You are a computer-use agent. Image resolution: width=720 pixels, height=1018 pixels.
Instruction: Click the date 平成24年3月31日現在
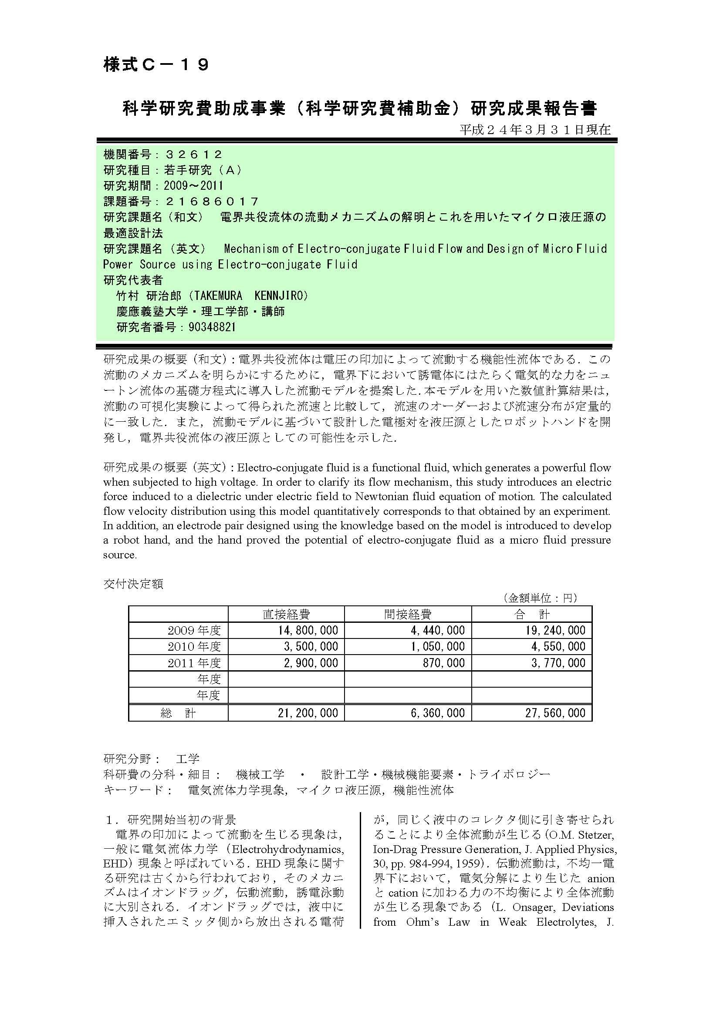pyautogui.click(x=535, y=129)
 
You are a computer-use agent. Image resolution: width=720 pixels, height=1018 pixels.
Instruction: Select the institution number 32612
pyautogui.click(x=193, y=155)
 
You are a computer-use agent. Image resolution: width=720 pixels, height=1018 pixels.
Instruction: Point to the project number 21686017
pyautogui.click(x=212, y=202)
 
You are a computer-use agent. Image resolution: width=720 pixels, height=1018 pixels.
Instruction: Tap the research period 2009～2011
pyautogui.click(x=193, y=185)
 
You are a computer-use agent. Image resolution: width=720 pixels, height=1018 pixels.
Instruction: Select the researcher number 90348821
pyautogui.click(x=212, y=327)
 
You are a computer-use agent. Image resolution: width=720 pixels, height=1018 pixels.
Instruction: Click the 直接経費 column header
pyautogui.click(x=286, y=614)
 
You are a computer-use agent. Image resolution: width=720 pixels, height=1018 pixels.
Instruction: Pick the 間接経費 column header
pyautogui.click(x=407, y=614)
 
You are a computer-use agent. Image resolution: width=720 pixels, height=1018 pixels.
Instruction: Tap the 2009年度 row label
pyautogui.click(x=194, y=631)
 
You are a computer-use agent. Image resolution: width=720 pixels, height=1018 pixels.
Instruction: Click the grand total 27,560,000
pyautogui.click(x=555, y=713)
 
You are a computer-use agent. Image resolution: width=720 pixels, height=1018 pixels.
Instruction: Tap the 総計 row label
pyautogui.click(x=178, y=713)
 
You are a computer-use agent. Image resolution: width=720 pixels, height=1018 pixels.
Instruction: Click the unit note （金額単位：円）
pyautogui.click(x=539, y=598)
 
